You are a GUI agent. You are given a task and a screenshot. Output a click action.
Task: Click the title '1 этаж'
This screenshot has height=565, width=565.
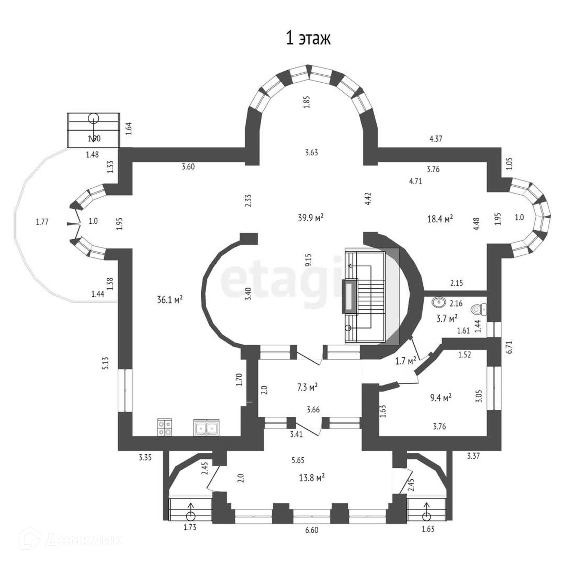click(x=308, y=39)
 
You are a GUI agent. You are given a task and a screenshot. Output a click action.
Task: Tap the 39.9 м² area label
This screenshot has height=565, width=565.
click(x=311, y=218)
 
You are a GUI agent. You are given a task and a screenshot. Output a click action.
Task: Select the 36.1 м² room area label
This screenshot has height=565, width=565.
click(x=170, y=300)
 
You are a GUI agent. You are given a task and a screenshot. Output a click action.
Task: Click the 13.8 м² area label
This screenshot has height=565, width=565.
click(x=312, y=477)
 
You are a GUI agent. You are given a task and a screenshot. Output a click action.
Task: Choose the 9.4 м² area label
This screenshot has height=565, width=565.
click(x=441, y=398)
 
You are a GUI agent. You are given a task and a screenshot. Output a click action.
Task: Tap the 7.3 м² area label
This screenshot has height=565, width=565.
click(x=307, y=387)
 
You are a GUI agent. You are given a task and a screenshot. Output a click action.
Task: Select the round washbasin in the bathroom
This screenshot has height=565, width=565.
click(x=439, y=302)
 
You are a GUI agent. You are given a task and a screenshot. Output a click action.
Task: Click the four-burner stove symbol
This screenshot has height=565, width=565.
click(x=164, y=427)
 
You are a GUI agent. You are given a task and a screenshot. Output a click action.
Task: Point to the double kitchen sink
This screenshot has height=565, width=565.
click(x=206, y=427)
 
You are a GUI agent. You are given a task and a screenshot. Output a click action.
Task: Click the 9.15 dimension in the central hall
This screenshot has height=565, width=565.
click(x=308, y=260)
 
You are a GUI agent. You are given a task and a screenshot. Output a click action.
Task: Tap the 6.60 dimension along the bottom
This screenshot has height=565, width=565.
click(x=312, y=530)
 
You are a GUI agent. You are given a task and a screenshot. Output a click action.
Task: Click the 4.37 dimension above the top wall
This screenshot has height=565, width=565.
click(x=436, y=139)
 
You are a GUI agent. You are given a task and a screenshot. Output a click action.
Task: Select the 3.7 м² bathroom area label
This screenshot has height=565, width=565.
click(x=447, y=318)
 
